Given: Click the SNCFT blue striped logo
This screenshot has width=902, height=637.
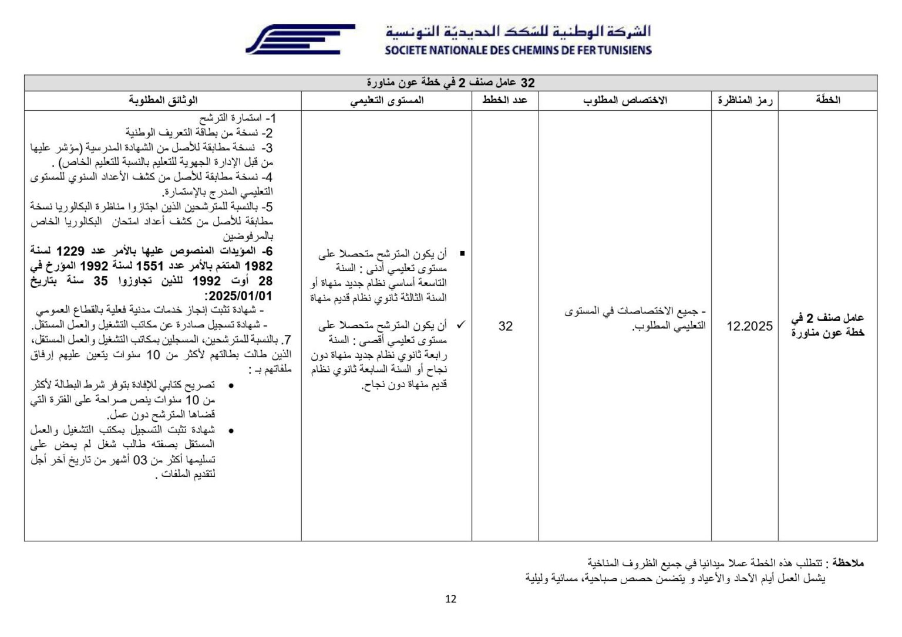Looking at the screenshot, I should [300, 39].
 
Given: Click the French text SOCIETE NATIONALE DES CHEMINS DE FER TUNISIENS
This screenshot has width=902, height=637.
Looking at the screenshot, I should [518, 50].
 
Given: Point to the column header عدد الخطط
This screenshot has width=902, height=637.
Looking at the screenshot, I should [505, 100].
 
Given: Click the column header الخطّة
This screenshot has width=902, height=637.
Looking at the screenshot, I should [827, 100].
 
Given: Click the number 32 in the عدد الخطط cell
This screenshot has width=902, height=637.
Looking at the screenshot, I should [505, 326].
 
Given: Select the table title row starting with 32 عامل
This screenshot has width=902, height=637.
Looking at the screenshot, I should [450, 83].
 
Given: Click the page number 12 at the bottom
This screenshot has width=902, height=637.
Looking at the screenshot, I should [450, 599].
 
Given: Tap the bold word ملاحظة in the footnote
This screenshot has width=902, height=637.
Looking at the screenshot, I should [848, 564].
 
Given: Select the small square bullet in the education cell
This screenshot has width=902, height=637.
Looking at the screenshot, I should [462, 254].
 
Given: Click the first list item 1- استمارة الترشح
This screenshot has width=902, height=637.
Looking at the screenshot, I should [237, 118].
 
